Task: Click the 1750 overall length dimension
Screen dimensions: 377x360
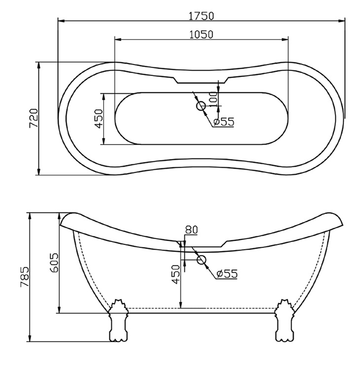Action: point(201,15)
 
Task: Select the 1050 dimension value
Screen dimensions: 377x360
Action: point(201,34)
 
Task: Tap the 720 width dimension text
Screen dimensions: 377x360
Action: point(33,118)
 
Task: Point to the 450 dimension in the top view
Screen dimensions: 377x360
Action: point(98,118)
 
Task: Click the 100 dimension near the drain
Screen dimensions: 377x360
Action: point(213,98)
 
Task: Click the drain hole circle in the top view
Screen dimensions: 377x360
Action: point(201,106)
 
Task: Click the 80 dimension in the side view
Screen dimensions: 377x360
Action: point(191,229)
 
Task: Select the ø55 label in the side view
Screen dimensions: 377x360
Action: point(227,273)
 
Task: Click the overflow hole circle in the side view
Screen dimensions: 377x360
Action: point(201,260)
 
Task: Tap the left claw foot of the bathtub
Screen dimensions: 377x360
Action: point(117,321)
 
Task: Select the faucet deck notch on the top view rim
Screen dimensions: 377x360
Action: point(201,79)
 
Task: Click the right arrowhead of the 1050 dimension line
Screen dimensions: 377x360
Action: point(286,39)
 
